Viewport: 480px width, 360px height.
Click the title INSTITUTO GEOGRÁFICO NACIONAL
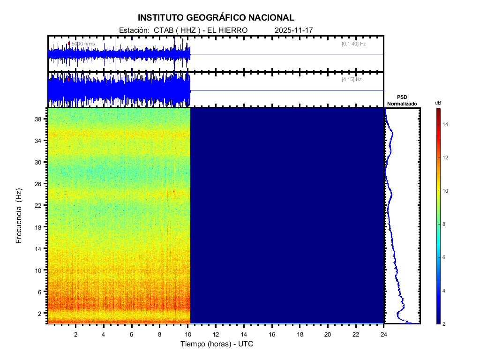pos(216,18)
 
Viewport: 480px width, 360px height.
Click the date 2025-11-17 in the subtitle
pos(293,30)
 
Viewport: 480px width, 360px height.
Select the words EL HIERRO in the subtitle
pos(225,30)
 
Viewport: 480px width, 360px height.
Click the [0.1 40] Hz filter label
pos(353,44)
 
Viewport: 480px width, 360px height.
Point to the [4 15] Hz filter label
pos(352,80)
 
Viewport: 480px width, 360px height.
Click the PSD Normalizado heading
pos(402,100)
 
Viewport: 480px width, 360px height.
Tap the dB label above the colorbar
pos(438,103)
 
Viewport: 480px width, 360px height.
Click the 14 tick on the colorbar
pos(446,124)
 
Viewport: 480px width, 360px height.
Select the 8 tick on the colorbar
pos(445,225)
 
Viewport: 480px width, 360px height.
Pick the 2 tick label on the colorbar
pos(445,324)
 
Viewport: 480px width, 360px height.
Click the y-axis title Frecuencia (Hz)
pos(19,216)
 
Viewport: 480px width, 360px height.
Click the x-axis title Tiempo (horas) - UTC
pos(217,344)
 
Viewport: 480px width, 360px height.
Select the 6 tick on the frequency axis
pos(40,292)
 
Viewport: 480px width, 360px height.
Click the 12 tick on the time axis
pos(216,334)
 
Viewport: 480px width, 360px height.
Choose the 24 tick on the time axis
pos(384,334)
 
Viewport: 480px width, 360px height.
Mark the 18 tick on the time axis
pos(300,334)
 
